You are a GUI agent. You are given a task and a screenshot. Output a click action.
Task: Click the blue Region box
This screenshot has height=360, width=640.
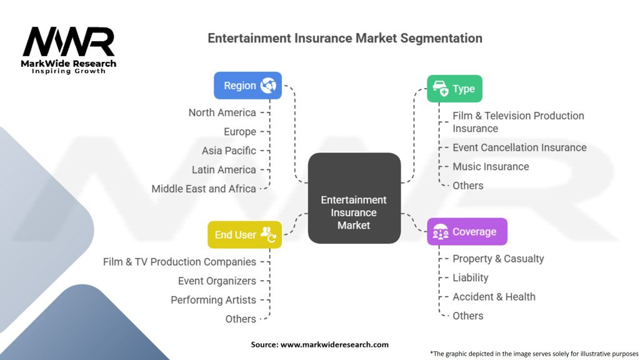pyautogui.click(x=247, y=86)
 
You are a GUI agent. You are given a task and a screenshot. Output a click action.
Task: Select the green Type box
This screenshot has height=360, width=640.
pyautogui.click(x=454, y=89)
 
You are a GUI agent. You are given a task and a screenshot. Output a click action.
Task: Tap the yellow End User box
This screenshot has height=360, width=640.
pyautogui.click(x=244, y=234)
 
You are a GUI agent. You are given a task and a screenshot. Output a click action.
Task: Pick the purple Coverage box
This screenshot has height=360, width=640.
pyautogui.click(x=466, y=232)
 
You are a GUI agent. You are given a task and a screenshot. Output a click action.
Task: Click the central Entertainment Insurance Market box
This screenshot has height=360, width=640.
pyautogui.click(x=354, y=199)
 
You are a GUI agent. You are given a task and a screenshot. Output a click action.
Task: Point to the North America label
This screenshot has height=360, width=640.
pyautogui.click(x=222, y=112)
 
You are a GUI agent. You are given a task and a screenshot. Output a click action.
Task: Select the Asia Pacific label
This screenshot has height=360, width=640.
pyautogui.click(x=229, y=151)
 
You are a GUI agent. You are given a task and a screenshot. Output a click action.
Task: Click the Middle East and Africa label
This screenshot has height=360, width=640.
pyautogui.click(x=204, y=189)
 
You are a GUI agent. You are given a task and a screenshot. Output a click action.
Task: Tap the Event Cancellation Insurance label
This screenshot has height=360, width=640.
pyautogui.click(x=519, y=147)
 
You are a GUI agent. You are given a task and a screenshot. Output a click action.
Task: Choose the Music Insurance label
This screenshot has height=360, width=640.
pyautogui.click(x=491, y=166)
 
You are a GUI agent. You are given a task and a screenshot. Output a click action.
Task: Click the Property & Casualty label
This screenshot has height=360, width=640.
pyautogui.click(x=498, y=259)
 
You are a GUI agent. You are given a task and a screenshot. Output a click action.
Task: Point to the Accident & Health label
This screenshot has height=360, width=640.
pyautogui.click(x=494, y=297)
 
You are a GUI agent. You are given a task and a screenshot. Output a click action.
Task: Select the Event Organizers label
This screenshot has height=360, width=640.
pyautogui.click(x=217, y=281)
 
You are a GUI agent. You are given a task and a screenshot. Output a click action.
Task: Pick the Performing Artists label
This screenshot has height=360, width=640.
pyautogui.click(x=213, y=300)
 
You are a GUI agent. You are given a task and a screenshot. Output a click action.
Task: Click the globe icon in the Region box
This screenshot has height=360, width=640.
pyautogui.click(x=268, y=86)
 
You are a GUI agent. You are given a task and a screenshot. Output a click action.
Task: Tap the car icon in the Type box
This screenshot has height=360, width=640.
pyautogui.click(x=440, y=89)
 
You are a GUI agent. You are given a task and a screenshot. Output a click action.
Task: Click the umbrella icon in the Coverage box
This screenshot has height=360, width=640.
pyautogui.click(x=440, y=232)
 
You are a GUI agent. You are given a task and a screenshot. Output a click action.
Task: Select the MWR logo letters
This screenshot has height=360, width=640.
pyautogui.click(x=69, y=42)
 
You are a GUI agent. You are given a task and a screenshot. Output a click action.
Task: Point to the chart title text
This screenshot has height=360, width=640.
pyautogui.click(x=345, y=38)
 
